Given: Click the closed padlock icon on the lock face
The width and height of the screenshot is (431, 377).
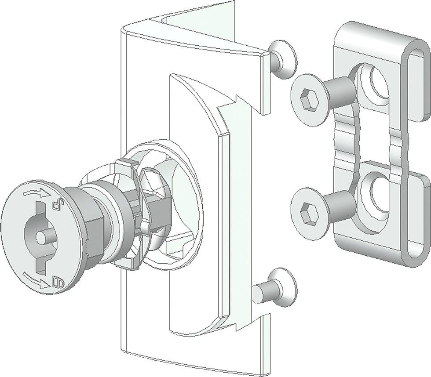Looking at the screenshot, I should (57, 280).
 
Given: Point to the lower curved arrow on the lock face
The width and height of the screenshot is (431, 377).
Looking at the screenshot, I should (34, 279).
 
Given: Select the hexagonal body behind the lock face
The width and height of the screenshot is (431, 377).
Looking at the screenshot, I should (95, 220).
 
